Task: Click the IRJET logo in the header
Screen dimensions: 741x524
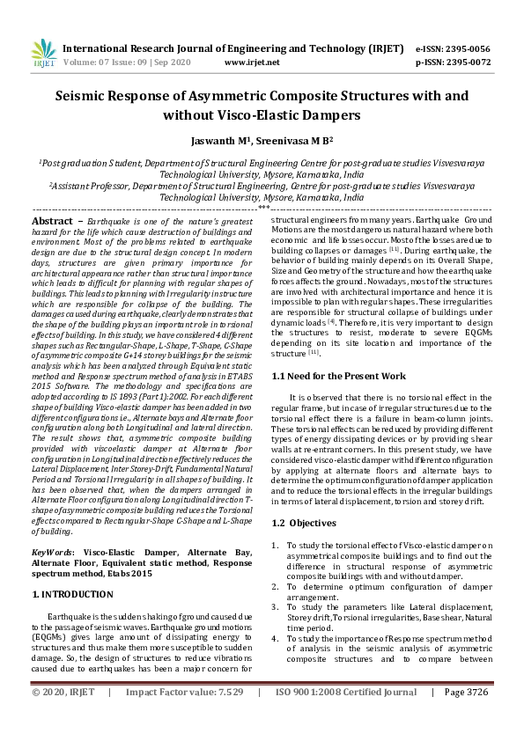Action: (43, 52)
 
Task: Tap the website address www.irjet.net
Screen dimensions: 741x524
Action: (253, 62)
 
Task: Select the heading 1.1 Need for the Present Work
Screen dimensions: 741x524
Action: (338, 376)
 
